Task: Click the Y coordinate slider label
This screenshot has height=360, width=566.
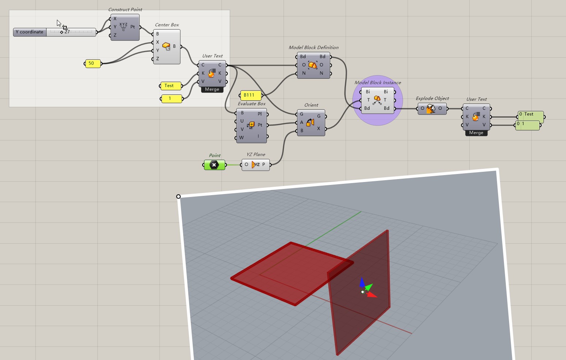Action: (x=30, y=32)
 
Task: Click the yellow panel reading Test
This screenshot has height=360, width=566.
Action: (x=171, y=86)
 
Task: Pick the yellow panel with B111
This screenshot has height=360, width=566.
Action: (x=251, y=95)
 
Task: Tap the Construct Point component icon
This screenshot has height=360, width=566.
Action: (x=124, y=27)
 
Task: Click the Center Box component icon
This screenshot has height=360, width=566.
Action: (x=166, y=47)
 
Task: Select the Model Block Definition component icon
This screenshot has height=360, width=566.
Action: (x=313, y=65)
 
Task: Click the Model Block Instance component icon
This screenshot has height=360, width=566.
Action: (x=377, y=100)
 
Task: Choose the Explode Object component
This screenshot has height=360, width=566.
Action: (x=432, y=108)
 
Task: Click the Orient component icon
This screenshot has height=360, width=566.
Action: (x=310, y=123)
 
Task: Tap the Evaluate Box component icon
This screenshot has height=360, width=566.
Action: (x=251, y=125)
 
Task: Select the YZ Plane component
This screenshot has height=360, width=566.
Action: (x=255, y=164)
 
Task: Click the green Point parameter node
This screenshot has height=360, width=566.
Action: (x=214, y=165)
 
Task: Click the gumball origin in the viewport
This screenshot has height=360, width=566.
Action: (x=362, y=292)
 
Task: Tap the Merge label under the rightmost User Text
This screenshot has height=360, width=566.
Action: (x=476, y=133)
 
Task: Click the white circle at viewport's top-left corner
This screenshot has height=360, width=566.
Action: (x=178, y=197)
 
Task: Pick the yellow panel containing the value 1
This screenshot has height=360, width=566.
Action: (x=172, y=98)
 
